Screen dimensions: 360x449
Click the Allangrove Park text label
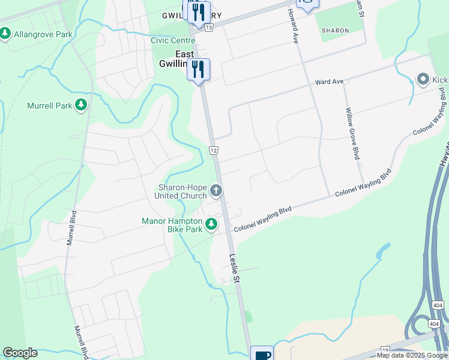point(43,34)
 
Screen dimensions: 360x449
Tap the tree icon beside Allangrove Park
point(5,34)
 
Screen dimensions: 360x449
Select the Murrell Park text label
point(49,106)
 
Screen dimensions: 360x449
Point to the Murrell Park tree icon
point(81,106)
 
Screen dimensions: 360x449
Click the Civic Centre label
point(173,41)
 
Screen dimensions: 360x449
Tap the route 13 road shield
point(208,28)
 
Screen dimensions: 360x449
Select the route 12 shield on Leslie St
point(213,149)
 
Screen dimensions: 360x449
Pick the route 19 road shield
point(385,349)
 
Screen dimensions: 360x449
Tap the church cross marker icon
point(216,191)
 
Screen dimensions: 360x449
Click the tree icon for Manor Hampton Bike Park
point(211,224)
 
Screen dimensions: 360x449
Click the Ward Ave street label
point(329,81)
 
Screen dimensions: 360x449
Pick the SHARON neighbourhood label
point(335,30)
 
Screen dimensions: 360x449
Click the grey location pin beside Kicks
point(423,79)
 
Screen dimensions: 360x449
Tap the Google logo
point(20,353)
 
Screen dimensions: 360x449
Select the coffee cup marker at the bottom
point(262,354)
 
